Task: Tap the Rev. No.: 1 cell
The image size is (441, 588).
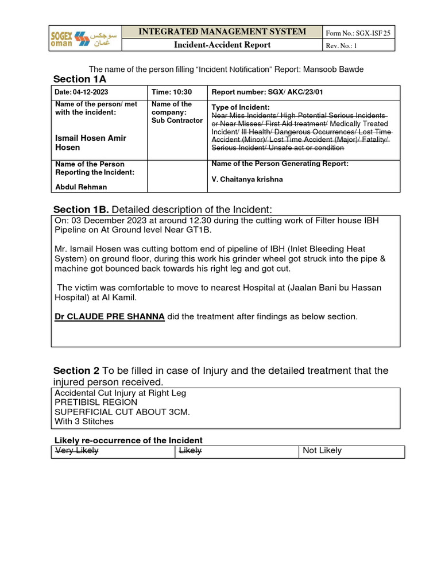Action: (x=342, y=46)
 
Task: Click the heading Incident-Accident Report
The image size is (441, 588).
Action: (x=222, y=45)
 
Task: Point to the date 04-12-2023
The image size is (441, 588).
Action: (x=90, y=92)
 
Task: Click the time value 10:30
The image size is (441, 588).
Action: (x=184, y=92)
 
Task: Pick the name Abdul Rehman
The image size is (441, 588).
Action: (x=81, y=187)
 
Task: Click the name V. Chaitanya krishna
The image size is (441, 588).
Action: (x=247, y=179)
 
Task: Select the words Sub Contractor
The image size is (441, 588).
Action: (x=177, y=121)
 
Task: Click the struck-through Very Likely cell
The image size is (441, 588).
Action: (x=76, y=451)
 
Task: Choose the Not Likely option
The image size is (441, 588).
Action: (x=322, y=451)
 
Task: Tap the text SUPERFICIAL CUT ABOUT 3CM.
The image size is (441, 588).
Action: (x=122, y=412)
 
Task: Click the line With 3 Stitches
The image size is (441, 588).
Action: (x=84, y=421)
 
